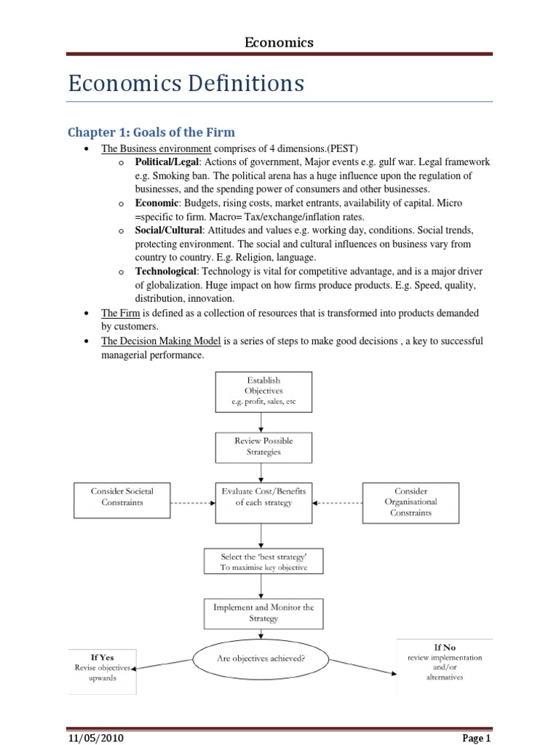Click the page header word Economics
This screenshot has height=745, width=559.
pyautogui.click(x=279, y=42)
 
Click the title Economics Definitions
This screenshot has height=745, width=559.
pyautogui.click(x=186, y=84)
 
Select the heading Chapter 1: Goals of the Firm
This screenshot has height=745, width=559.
pyautogui.click(x=151, y=132)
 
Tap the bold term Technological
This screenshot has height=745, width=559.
pyautogui.click(x=166, y=271)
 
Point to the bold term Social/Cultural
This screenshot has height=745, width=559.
pyautogui.click(x=168, y=230)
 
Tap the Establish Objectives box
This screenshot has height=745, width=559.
pyautogui.click(x=263, y=391)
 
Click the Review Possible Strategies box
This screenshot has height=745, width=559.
pyautogui.click(x=263, y=446)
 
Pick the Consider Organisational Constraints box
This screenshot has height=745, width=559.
pyautogui.click(x=412, y=501)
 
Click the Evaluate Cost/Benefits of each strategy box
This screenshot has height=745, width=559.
pyautogui.click(x=263, y=501)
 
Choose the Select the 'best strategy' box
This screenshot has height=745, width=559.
pyautogui.click(x=263, y=561)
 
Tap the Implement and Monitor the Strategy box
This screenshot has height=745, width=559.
pyautogui.click(x=263, y=613)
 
